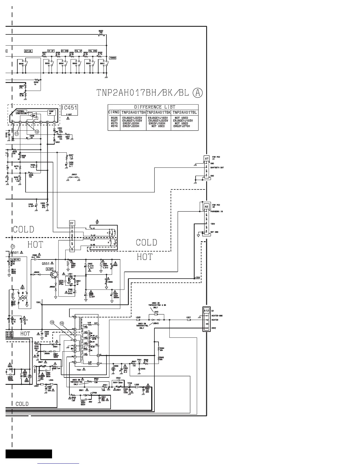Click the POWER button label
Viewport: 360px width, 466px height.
pos(113,58)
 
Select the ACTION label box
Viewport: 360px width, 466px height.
pos(28,51)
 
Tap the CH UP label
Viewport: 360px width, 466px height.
pos(51,51)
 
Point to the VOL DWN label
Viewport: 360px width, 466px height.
pos(93,51)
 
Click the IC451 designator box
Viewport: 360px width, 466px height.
pos(69,108)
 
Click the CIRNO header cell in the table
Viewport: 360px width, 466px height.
pos(114,112)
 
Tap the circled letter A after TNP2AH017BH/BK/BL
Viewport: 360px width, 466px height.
pos(198,93)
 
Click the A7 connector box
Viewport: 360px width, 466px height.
pos(206,159)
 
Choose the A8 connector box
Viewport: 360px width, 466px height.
pos(206,207)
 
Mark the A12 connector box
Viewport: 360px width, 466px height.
pos(206,311)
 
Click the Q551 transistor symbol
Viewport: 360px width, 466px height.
pos(54,274)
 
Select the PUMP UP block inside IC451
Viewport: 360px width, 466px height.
pos(51,113)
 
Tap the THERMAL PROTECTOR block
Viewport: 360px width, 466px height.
pos(21,112)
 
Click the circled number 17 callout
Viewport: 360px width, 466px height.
pos(13,247)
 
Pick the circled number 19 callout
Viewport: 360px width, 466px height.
pos(52,323)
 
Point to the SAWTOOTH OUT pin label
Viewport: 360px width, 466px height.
pos(217,167)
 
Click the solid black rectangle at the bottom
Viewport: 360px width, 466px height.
pos(29,454)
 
